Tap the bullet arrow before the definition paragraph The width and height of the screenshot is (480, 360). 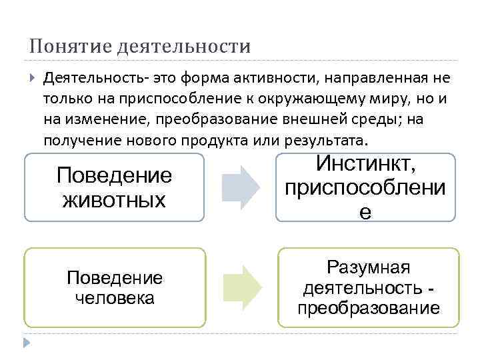[33, 78]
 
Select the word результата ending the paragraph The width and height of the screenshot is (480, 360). [331, 141]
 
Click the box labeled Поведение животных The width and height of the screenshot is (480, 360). [114, 187]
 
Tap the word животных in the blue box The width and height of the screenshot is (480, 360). [114, 199]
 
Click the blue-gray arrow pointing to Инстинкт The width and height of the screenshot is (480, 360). [241, 187]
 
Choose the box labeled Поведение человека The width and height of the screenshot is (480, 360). [114, 287]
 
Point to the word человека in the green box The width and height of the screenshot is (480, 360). [114, 297]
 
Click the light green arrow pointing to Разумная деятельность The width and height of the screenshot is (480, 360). [241, 287]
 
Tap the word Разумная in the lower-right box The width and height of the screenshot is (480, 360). [368, 268]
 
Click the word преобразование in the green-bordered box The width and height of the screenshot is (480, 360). [368, 308]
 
